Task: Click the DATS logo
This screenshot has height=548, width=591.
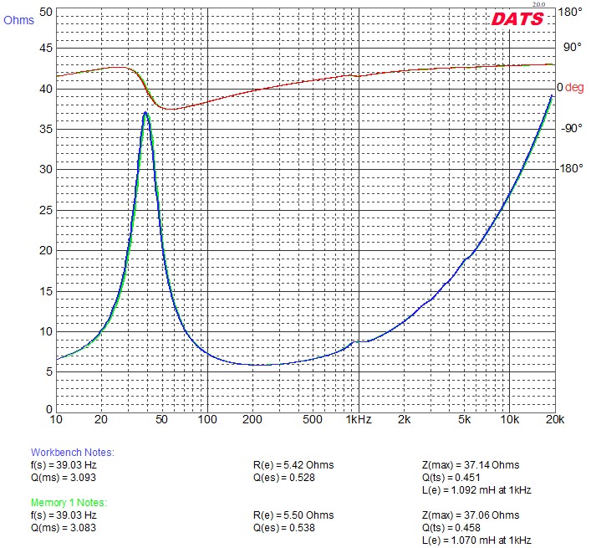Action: (517, 18)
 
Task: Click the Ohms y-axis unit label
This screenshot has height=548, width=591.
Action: (19, 20)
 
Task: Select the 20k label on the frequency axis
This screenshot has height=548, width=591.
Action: (555, 419)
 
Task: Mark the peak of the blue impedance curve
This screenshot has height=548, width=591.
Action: (146, 112)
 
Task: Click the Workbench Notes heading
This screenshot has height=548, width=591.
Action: (72, 453)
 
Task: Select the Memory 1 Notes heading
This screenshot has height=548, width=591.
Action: (70, 502)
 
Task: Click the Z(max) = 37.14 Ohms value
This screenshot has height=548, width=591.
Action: (471, 465)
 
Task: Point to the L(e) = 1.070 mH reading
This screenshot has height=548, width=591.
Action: (476, 540)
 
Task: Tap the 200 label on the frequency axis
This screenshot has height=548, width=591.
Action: (252, 419)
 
